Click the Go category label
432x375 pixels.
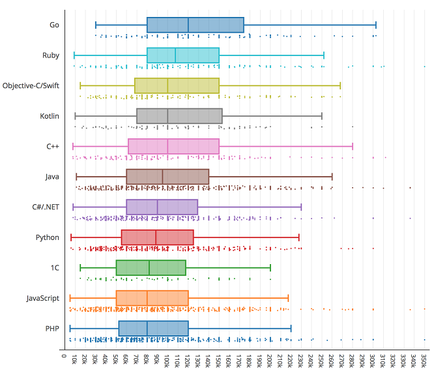[54, 25]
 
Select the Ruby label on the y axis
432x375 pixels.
[51, 55]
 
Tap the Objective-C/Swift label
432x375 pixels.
[31, 85]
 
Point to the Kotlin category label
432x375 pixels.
[50, 116]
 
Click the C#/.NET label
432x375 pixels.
[46, 207]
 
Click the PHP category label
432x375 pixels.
[51, 328]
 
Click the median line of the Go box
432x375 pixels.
[188, 25]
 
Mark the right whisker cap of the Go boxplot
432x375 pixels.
[376, 25]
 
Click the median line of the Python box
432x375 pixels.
[156, 237]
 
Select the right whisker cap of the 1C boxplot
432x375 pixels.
[270, 267]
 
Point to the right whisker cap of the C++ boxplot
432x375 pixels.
[353, 146]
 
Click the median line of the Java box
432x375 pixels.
[163, 177]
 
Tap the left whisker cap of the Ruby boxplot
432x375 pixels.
[74, 55]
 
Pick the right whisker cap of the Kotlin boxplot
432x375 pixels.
[322, 116]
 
